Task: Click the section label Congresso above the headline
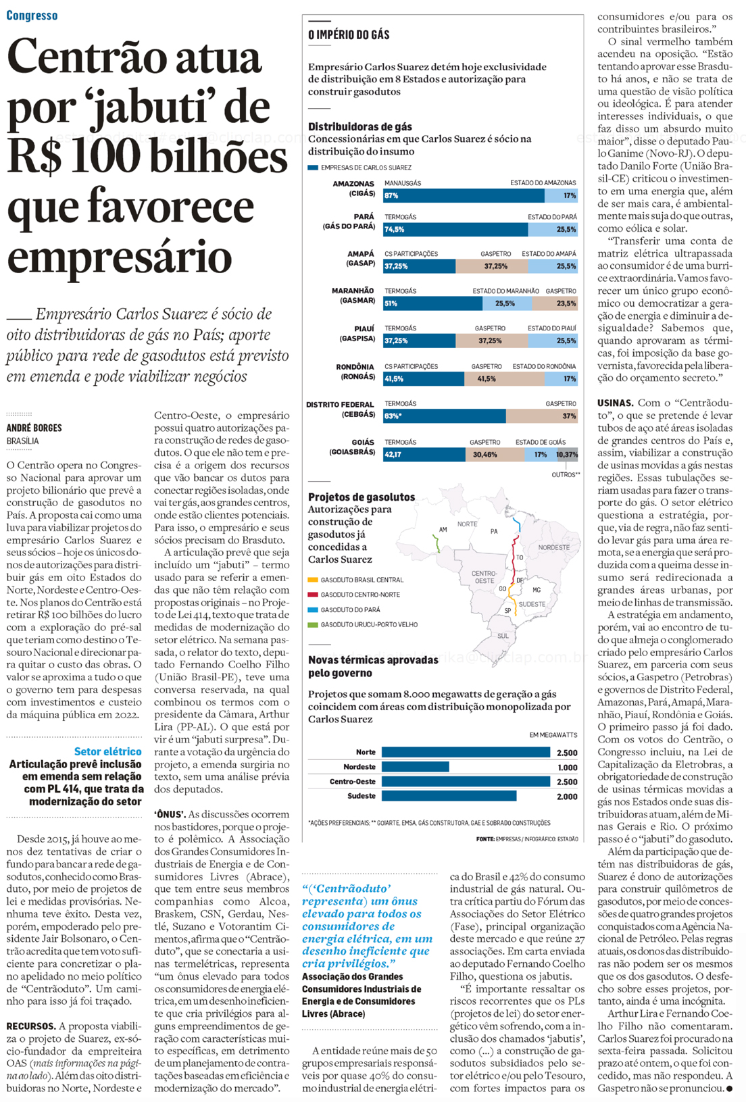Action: (32, 16)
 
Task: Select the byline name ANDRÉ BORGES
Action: (34, 428)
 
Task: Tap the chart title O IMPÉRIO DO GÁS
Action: (349, 34)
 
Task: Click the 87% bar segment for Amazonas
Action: (464, 196)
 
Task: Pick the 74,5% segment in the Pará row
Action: (455, 230)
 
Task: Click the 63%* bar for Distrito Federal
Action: (444, 416)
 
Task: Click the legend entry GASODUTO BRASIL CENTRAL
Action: (362, 580)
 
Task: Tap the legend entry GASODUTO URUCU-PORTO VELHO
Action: (368, 625)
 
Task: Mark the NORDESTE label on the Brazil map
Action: (553, 547)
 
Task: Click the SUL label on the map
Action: (503, 636)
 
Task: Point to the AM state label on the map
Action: (443, 530)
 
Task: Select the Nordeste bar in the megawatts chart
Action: (415, 767)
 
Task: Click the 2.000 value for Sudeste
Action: (567, 797)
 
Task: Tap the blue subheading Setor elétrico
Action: (107, 751)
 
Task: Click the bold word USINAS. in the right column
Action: (615, 403)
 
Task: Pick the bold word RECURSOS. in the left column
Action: (30, 1026)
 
